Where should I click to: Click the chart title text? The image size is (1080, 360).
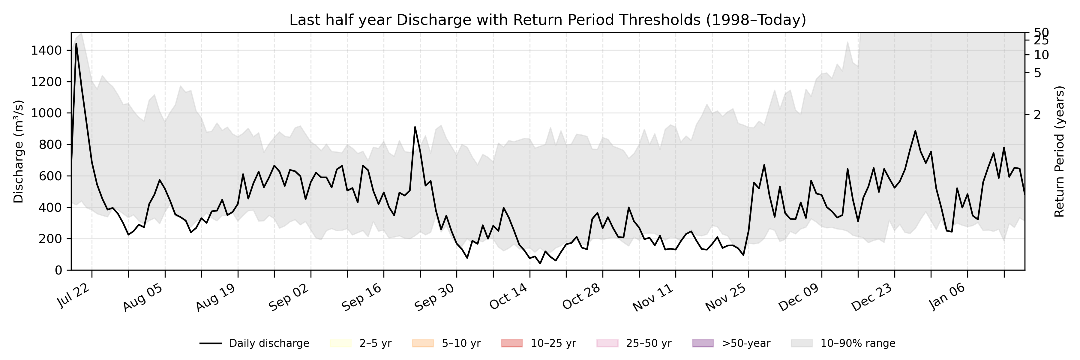[x=547, y=20]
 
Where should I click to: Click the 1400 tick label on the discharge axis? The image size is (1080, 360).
[x=46, y=51]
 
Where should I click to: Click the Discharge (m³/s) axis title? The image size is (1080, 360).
[x=18, y=152]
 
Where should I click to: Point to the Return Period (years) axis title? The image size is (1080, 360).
[x=1060, y=152]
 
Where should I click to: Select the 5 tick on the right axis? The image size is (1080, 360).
[x=1037, y=73]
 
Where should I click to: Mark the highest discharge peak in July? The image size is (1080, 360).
[x=76, y=43]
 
